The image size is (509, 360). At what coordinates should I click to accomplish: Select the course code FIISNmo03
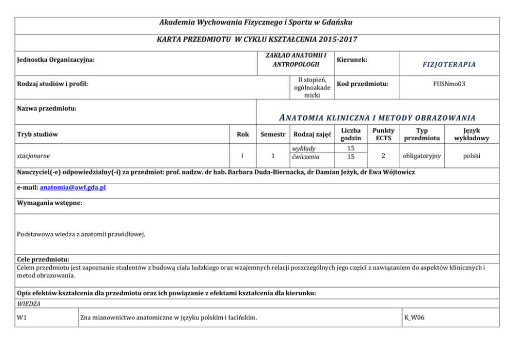pos(448,83)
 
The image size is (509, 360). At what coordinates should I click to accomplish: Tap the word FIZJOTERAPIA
pos(448,64)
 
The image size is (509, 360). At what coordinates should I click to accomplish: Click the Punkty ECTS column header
pos(384,135)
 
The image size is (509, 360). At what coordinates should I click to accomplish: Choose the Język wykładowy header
pos(472,135)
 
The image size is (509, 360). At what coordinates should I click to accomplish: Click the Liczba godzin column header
pos(351,135)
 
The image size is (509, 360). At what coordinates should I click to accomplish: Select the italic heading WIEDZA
pos(29,304)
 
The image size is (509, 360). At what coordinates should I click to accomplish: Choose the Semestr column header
pos(272,135)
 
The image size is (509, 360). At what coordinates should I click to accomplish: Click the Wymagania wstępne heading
pos(49,203)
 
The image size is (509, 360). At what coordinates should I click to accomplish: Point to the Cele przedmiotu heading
pos(43,259)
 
